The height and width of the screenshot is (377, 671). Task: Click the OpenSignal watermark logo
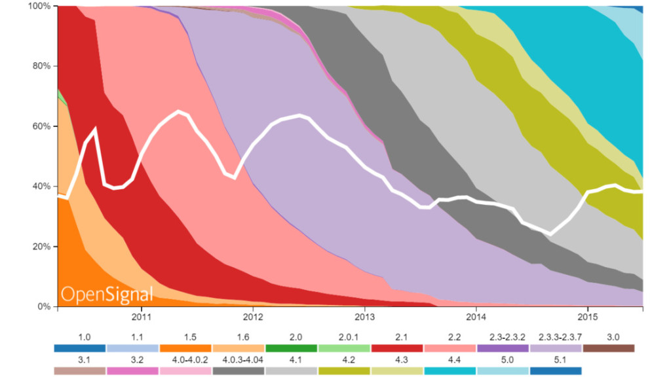pos(107,294)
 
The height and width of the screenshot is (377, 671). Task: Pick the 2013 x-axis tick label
pos(364,318)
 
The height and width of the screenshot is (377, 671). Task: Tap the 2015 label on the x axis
pos(587,318)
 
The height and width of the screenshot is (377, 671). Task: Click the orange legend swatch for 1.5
pos(185,348)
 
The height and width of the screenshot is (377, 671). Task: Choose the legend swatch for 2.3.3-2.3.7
pos(556,348)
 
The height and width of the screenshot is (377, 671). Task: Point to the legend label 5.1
pos(556,360)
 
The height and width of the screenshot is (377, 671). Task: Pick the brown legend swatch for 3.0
pos(609,348)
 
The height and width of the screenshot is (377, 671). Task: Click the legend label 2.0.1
pos(344,337)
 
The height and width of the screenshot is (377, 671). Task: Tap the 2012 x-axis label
pos(253,318)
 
